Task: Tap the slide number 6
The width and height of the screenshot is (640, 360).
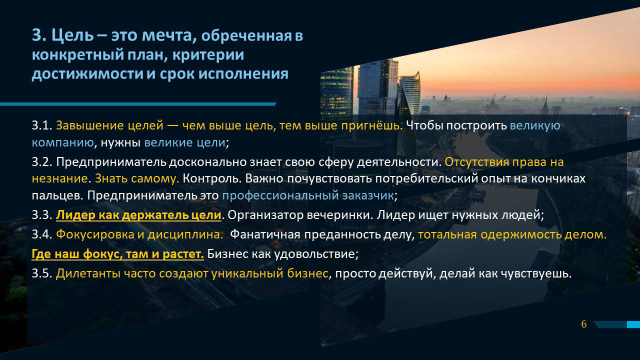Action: click(583, 324)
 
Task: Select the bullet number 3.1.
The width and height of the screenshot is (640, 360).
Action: click(42, 125)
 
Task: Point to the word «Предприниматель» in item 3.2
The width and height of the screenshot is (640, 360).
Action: click(111, 162)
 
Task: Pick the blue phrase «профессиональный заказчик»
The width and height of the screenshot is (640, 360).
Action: click(308, 195)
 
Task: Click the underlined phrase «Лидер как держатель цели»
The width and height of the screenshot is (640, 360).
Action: click(138, 215)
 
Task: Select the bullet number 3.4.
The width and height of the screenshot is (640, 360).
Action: click(42, 234)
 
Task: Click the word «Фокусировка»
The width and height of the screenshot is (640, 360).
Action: click(95, 235)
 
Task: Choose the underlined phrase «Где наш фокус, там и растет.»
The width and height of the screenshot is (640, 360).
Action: click(117, 254)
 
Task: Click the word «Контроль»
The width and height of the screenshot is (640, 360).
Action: click(212, 179)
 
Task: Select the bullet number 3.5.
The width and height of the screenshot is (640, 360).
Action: click(42, 273)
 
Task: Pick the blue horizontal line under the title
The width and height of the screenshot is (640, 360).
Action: click(138, 104)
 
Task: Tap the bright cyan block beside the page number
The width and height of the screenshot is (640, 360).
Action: click(633, 324)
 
